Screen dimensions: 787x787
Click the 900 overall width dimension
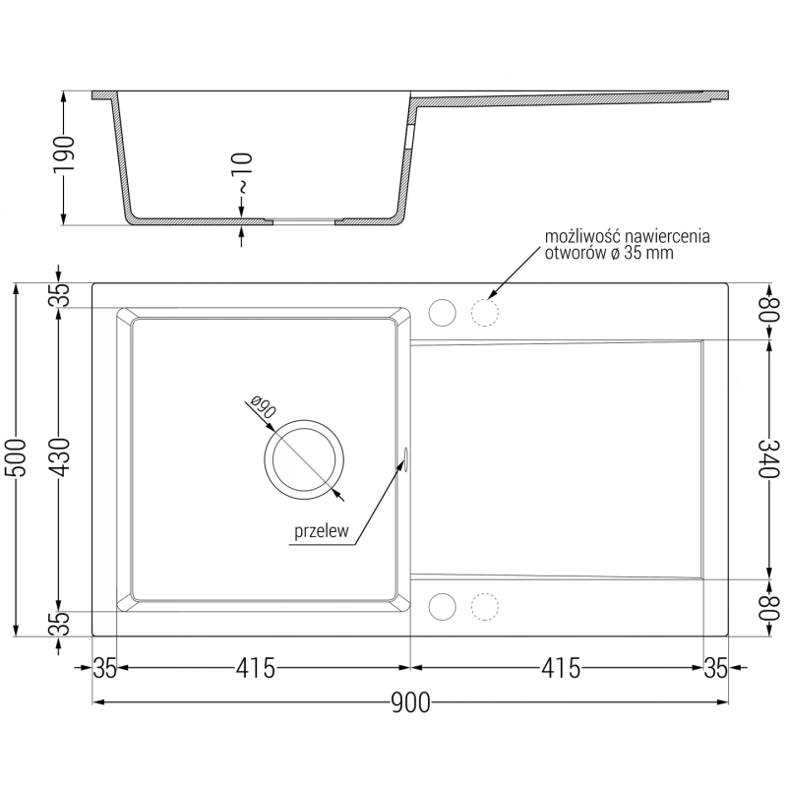pos(410,702)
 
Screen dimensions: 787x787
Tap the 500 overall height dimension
pos(16,457)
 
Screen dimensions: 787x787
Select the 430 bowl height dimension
pos(59,457)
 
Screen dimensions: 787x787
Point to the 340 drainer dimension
pos(769,458)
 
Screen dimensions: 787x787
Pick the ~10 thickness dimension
pos(242,173)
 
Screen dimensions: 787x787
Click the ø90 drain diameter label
pos(263,407)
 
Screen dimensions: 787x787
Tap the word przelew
pos(322,531)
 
